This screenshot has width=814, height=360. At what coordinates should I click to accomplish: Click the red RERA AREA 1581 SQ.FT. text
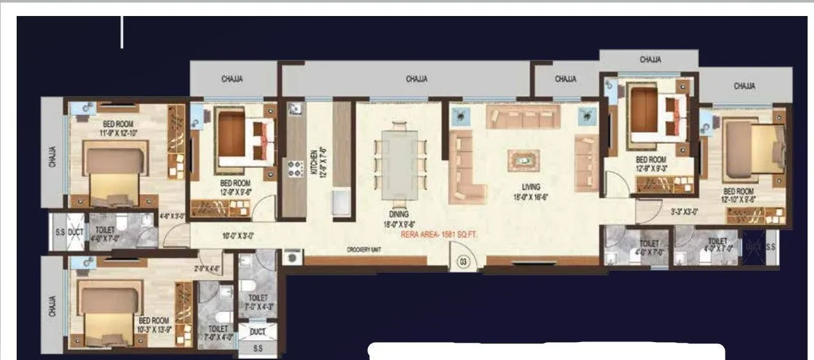(439, 234)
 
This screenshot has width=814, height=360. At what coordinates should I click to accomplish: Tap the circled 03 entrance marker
(463, 261)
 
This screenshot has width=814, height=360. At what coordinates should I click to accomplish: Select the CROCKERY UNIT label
(365, 249)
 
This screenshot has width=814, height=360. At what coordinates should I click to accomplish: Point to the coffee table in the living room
(524, 160)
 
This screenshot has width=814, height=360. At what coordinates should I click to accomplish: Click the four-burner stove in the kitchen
(295, 168)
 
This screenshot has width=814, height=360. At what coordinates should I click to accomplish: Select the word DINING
(397, 215)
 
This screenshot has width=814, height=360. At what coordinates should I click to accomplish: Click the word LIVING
(531, 187)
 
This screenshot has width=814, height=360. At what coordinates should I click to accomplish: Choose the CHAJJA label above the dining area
(417, 79)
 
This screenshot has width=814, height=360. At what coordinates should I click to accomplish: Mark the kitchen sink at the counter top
(295, 110)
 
